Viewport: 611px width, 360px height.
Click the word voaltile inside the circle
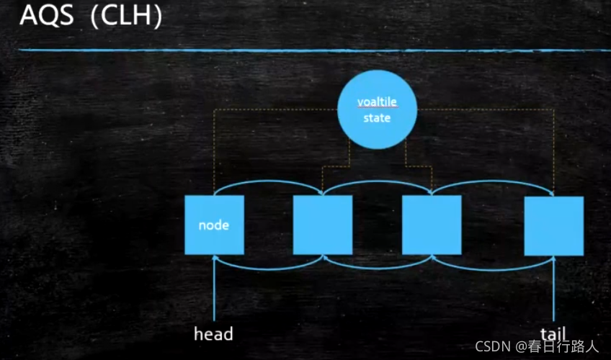pyautogui.click(x=377, y=102)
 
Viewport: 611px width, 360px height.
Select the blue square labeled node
pyautogui.click(x=214, y=225)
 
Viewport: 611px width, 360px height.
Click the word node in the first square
pyautogui.click(x=214, y=225)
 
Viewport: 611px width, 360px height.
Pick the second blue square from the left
pyautogui.click(x=323, y=225)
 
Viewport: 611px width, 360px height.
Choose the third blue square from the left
pyautogui.click(x=432, y=225)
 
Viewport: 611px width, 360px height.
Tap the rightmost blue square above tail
pyautogui.click(x=553, y=225)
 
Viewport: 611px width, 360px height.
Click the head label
pyautogui.click(x=213, y=334)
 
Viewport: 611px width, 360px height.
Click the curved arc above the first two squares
pyautogui.click(x=268, y=181)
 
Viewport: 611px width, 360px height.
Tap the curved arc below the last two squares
pyautogui.click(x=493, y=268)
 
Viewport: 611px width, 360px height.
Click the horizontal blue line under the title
pyautogui.click(x=310, y=50)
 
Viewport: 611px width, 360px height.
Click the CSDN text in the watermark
pyautogui.click(x=492, y=346)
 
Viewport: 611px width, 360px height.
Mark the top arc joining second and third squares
pyautogui.click(x=377, y=181)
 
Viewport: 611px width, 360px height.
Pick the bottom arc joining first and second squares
pyautogui.click(x=268, y=268)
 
